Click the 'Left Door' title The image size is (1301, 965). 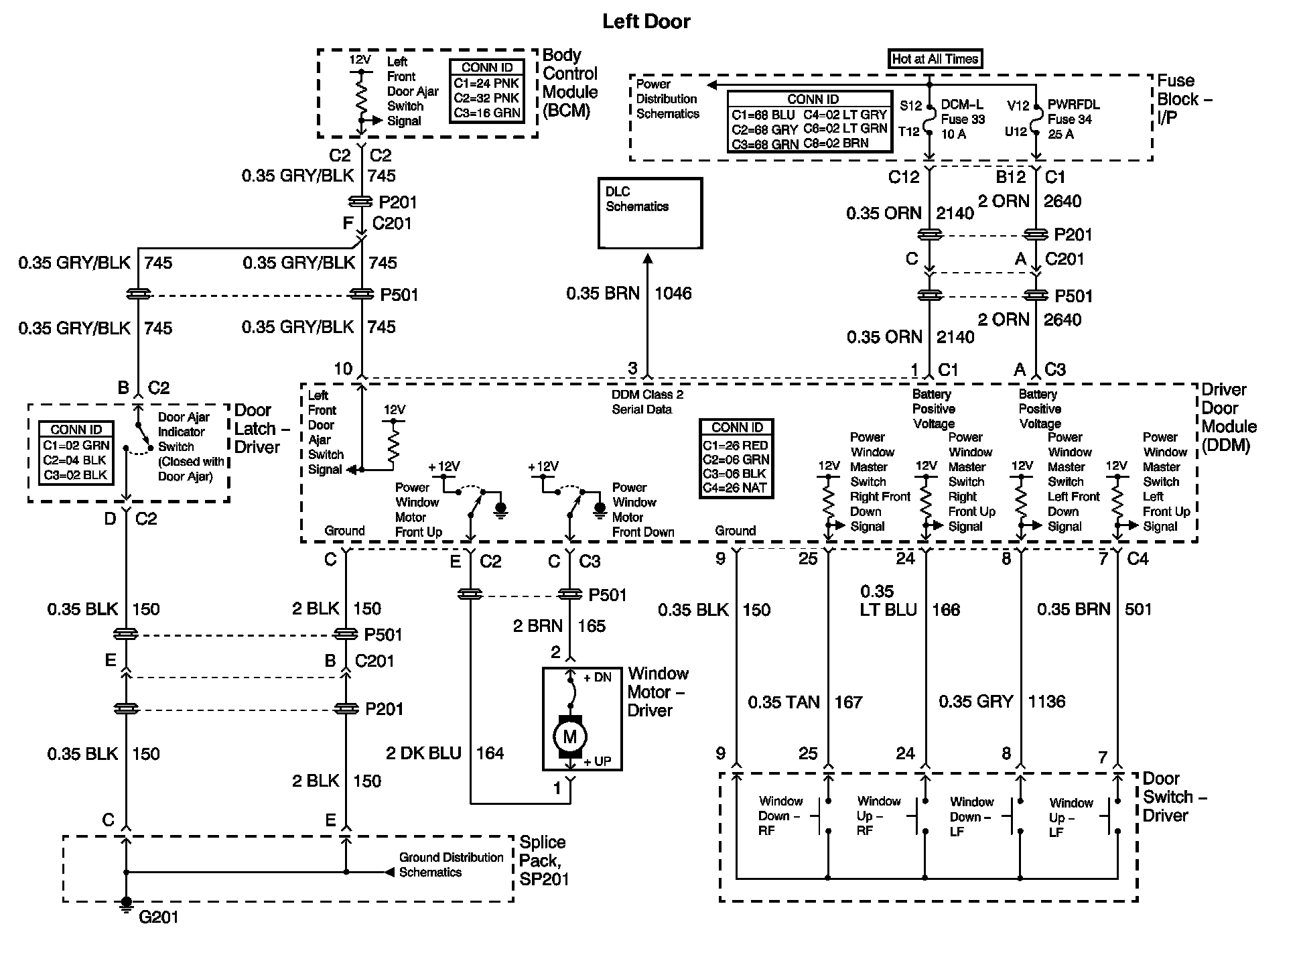646,21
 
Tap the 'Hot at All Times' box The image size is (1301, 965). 935,59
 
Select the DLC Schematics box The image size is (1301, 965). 650,212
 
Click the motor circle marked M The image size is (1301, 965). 569,737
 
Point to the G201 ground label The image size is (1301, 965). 159,917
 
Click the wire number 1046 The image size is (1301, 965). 673,294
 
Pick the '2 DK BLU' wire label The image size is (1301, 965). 423,753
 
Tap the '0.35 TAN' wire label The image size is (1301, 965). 783,702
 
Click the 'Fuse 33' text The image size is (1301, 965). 963,119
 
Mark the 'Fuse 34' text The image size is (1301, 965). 1069,119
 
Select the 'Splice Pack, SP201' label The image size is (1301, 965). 543,860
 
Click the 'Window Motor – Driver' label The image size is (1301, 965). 658,692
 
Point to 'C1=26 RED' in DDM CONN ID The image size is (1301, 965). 736,445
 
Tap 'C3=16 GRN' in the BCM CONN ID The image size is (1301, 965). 486,113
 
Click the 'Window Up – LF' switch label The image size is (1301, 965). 1071,818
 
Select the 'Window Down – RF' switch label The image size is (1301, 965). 780,816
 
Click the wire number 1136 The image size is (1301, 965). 1046,702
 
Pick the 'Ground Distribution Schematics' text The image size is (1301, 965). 451,864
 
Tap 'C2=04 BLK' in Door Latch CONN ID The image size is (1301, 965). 76,460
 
